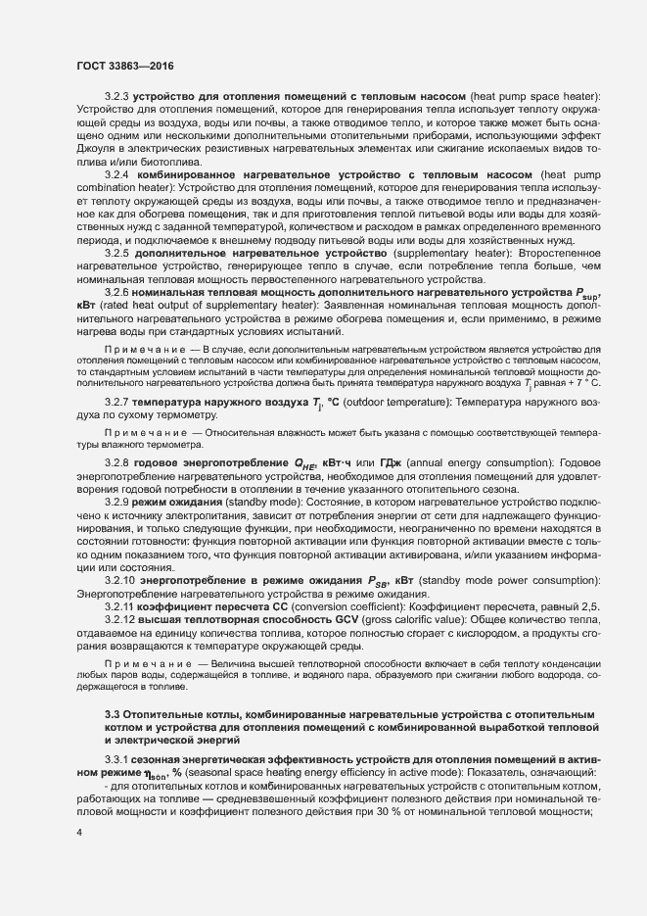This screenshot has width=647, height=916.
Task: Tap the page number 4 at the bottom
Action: (78, 833)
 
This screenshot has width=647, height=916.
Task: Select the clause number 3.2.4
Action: (116, 173)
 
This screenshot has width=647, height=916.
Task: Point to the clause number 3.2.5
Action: (116, 253)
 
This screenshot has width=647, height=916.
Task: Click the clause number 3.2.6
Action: (116, 293)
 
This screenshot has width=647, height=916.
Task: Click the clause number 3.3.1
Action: (116, 759)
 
